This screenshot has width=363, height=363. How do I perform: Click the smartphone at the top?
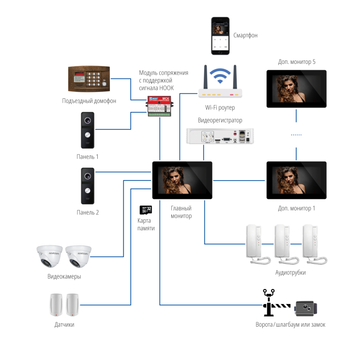pyautogui.click(x=220, y=36)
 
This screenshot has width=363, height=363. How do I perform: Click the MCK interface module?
pyautogui.click(x=160, y=106)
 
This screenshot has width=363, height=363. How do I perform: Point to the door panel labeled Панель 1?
pyautogui.click(x=87, y=131)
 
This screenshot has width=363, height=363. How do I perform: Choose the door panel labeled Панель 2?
pyautogui.click(x=87, y=186)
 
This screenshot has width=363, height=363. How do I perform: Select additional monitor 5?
pyautogui.click(x=296, y=89)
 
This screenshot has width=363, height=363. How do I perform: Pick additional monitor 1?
pyautogui.click(x=296, y=180)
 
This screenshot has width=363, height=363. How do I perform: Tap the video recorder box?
pyautogui.click(x=220, y=136)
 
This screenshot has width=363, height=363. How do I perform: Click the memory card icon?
pyautogui.click(x=146, y=210)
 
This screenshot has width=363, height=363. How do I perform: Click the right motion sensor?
pyautogui.click(x=73, y=304)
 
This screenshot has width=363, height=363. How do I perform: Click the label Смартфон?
pyautogui.click(x=245, y=36)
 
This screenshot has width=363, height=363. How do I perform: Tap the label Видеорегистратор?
pyautogui.click(x=220, y=121)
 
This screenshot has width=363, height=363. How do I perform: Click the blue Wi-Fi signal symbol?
pyautogui.click(x=220, y=76)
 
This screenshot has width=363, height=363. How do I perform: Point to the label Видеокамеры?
pyautogui.click(x=64, y=276)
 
